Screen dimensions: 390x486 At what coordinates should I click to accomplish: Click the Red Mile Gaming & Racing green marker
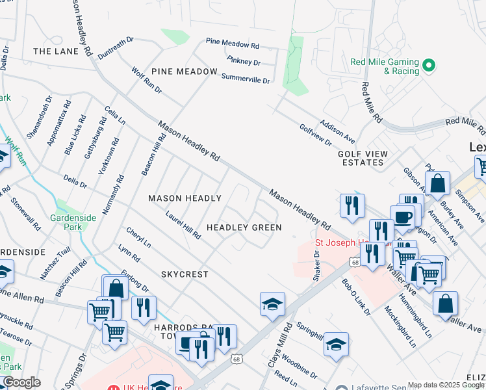428,66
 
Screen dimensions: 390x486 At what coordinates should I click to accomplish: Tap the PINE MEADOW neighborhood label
185,71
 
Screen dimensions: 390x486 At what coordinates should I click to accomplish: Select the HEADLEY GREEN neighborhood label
244,227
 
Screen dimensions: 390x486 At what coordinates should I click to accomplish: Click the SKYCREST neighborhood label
185,274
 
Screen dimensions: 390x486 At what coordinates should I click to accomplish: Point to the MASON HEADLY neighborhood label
185,198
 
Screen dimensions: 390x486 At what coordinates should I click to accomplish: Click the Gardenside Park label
73,222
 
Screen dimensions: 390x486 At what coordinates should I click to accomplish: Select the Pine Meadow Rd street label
232,44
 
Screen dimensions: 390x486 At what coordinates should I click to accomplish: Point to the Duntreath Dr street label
116,48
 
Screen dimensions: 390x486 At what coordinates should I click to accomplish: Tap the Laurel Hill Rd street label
183,224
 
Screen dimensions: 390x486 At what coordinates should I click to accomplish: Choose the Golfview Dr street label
315,135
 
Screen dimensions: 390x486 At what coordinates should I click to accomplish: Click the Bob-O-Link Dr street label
356,298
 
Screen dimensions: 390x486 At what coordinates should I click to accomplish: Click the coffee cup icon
402,216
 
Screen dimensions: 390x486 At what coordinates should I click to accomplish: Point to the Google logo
21,383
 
